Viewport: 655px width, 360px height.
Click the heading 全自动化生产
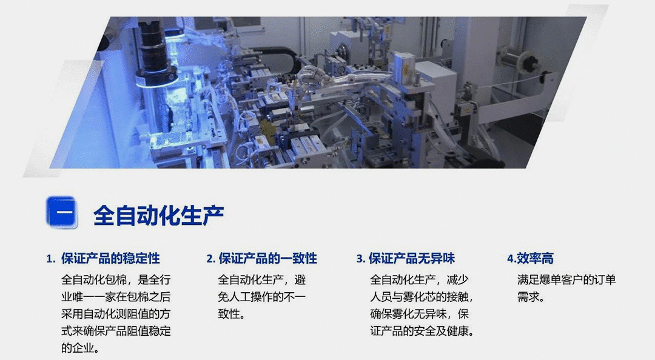tap(158, 215)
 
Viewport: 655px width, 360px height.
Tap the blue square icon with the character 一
tap(62, 212)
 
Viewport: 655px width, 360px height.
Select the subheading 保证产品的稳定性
tap(110, 259)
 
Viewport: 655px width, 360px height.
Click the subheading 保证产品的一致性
tap(267, 259)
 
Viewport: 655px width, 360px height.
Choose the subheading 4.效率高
tap(530, 259)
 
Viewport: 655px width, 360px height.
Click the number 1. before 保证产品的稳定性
tap(51, 259)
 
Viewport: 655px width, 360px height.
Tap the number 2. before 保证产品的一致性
tap(210, 259)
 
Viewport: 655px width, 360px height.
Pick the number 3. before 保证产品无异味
tap(361, 259)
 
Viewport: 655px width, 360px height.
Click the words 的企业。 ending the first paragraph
tap(81, 348)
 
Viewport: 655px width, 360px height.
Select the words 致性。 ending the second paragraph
tap(231, 314)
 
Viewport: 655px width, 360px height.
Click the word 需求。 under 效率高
tap(531, 297)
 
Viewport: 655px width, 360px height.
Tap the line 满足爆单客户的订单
tap(566, 280)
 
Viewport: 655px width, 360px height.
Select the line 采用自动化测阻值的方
tap(116, 314)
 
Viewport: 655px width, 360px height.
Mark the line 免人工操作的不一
tap(262, 297)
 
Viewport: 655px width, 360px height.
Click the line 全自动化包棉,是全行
tap(116, 280)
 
